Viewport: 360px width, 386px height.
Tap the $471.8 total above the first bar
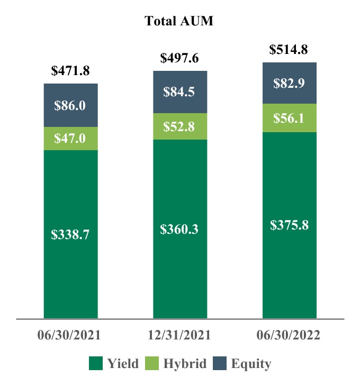coord(70,70)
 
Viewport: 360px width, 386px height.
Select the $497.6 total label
coord(179,58)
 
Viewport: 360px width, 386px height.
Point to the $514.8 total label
coord(289,50)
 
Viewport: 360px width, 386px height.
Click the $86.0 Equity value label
coord(70,105)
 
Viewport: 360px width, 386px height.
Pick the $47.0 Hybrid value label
coord(70,139)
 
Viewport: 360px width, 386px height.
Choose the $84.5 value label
coord(179,93)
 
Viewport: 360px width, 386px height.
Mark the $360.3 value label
coord(179,229)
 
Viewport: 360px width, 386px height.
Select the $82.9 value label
coord(289,83)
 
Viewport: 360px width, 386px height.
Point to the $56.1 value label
coord(289,118)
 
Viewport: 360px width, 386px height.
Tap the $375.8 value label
coord(289,225)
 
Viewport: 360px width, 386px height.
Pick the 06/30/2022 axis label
coord(290,336)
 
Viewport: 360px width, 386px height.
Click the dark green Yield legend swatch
coord(95,364)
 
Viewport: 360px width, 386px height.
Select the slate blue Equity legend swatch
coord(219,364)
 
